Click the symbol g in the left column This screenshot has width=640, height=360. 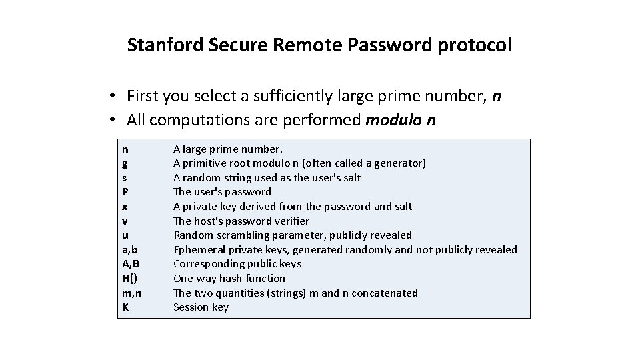pyautogui.click(x=125, y=163)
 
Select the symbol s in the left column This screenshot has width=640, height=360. pyautogui.click(x=125, y=178)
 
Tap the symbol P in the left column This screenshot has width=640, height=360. pyautogui.click(x=125, y=192)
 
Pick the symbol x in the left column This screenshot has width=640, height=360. pyautogui.click(x=125, y=207)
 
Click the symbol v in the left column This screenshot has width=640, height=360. pyautogui.click(x=125, y=221)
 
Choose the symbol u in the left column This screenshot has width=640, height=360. pyautogui.click(x=125, y=235)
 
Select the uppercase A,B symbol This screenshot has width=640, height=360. pyautogui.click(x=131, y=264)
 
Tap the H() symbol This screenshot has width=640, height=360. pyautogui.click(x=131, y=278)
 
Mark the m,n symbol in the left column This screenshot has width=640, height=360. pyautogui.click(x=132, y=293)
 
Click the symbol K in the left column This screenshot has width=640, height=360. pyautogui.click(x=125, y=307)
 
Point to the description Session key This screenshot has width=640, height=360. pyautogui.click(x=201, y=307)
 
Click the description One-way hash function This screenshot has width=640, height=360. pyautogui.click(x=229, y=278)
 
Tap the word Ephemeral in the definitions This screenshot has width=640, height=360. pyautogui.click(x=197, y=249)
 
